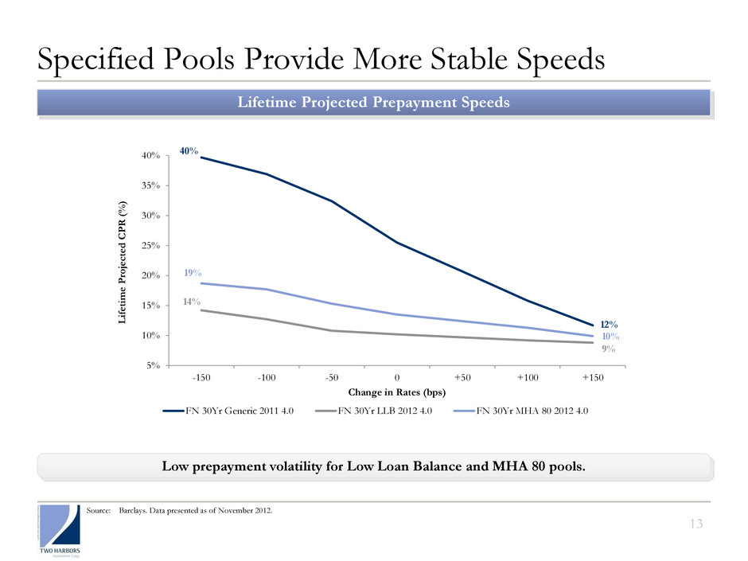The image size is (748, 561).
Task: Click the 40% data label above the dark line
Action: tap(189, 150)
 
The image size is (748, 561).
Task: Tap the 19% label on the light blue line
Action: tap(192, 272)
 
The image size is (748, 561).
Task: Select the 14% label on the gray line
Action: tap(192, 302)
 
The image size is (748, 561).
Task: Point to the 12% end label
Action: tap(610, 325)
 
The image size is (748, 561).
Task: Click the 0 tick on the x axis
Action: tap(397, 377)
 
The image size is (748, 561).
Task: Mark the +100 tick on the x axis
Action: tap(528, 377)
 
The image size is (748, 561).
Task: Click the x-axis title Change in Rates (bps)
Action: tap(397, 392)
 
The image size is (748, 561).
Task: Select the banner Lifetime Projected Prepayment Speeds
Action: tap(374, 103)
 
